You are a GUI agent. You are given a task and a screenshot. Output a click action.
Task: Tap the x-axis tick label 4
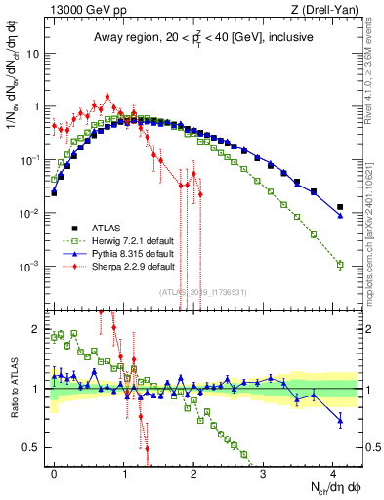coord(333,470)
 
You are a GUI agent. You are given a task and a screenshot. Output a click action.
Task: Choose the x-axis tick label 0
coord(54,470)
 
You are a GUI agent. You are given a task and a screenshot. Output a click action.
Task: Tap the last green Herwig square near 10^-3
coord(340,265)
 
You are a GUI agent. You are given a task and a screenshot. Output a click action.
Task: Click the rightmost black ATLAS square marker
coord(340,207)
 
